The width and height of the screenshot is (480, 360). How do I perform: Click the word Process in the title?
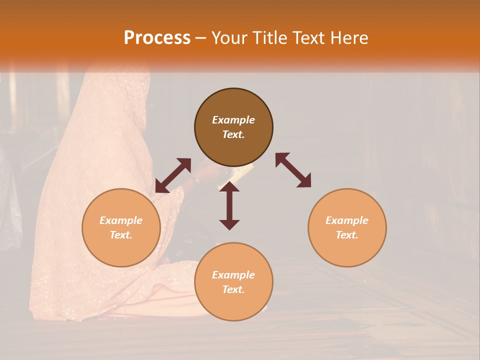coord(157,38)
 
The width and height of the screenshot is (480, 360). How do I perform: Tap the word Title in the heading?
coord(270,38)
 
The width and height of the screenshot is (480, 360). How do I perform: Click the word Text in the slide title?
coord(308,38)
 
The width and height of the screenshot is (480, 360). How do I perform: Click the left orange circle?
coord(121,227)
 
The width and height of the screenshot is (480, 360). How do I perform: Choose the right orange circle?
coord(347,227)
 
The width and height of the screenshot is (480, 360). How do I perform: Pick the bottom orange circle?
coord(233,281)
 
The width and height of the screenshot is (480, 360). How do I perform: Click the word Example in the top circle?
coord(233,120)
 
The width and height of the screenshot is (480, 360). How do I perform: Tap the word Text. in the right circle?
coord(347,235)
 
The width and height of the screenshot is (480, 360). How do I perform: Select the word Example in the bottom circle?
coord(233,274)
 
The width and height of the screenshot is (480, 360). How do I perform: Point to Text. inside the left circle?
coord(121,235)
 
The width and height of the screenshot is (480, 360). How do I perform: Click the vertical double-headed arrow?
coord(229,205)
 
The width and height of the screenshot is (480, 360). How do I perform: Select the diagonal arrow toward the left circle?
coord(173,175)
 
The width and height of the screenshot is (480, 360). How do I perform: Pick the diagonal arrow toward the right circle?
coord(293,170)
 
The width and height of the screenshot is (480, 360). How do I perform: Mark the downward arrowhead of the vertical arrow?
coord(229,224)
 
